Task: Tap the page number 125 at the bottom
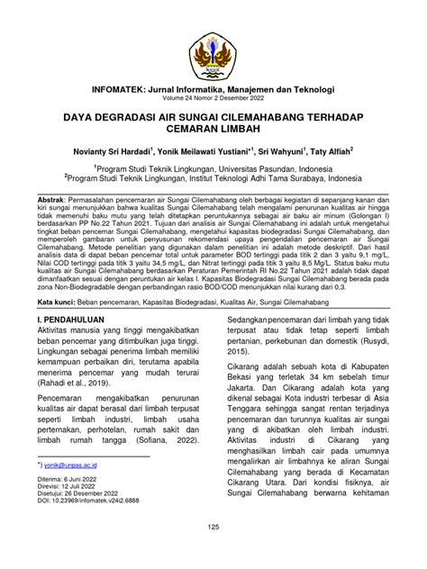click(213, 551)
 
